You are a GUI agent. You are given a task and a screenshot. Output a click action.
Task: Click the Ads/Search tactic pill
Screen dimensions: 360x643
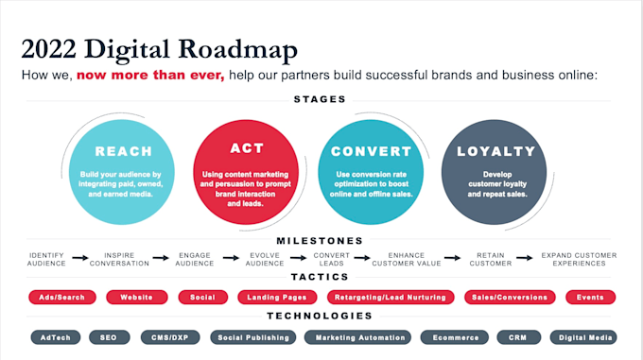[x=62, y=297]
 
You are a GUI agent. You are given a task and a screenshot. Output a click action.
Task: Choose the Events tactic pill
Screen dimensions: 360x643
[x=590, y=297]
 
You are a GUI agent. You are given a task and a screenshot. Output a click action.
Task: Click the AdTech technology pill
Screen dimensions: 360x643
[x=55, y=336]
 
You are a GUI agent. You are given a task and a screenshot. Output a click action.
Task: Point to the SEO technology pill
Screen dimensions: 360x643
[x=109, y=336]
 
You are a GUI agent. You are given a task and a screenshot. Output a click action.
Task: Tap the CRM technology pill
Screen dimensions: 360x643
[x=517, y=336]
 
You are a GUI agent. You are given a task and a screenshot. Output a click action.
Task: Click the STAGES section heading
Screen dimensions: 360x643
[x=321, y=98]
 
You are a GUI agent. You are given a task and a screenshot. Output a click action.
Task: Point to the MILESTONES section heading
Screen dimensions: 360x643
[x=321, y=240]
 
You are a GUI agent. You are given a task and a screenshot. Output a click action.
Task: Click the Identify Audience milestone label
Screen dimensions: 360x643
[x=47, y=259]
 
